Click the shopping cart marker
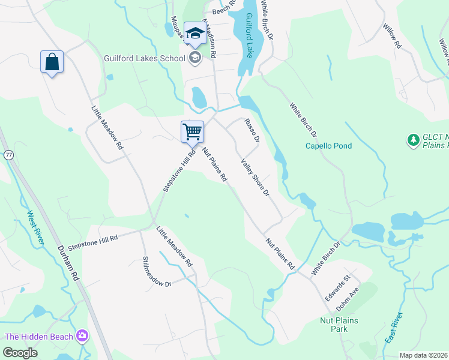click(192, 131)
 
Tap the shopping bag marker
click(52, 62)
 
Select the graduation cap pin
click(195, 34)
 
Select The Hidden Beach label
click(39, 337)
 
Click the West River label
click(35, 227)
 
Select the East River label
click(394, 330)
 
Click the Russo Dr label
click(251, 131)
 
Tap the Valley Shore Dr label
click(255, 177)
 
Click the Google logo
click(20, 353)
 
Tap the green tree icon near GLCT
click(413, 140)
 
